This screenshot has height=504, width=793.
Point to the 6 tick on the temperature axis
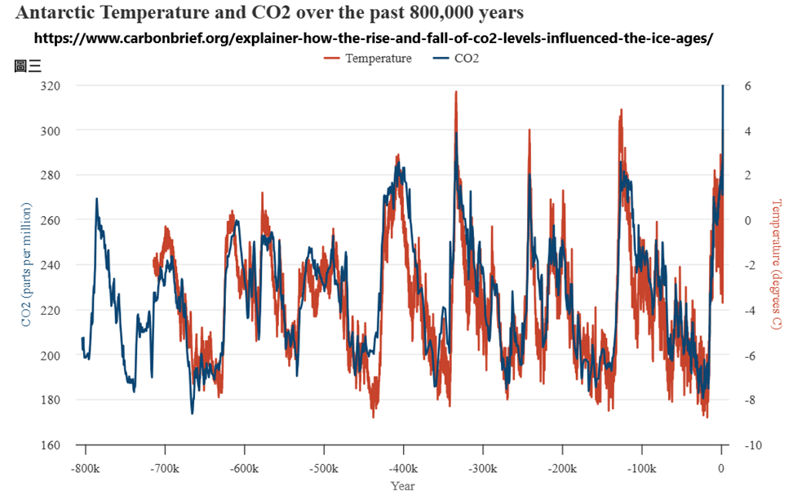(746, 86)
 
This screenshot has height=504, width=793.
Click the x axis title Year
(402, 486)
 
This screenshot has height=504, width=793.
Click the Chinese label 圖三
(28, 66)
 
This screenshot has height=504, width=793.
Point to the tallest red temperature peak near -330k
(456, 92)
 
